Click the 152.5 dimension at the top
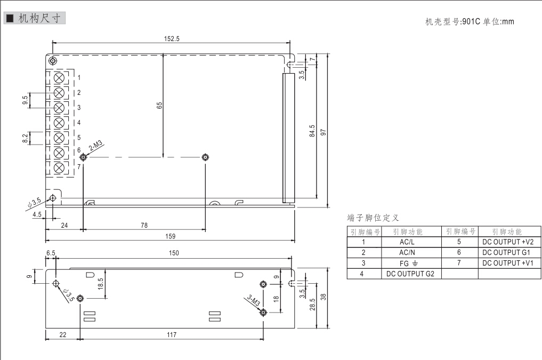[x=171, y=38]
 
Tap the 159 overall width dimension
[x=171, y=236]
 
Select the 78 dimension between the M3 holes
[x=144, y=226]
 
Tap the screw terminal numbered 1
[x=60, y=78]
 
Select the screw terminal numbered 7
[x=60, y=167]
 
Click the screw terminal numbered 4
[x=60, y=123]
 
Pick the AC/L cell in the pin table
[x=407, y=242]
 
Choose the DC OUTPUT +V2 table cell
[x=508, y=242]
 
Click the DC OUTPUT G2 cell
[x=407, y=274]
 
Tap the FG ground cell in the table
[x=407, y=263]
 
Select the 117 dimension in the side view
[x=171, y=334]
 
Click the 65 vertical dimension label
[x=159, y=106]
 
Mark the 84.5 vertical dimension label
[x=312, y=131]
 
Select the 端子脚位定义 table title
[x=373, y=218]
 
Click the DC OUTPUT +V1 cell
[x=508, y=263]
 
